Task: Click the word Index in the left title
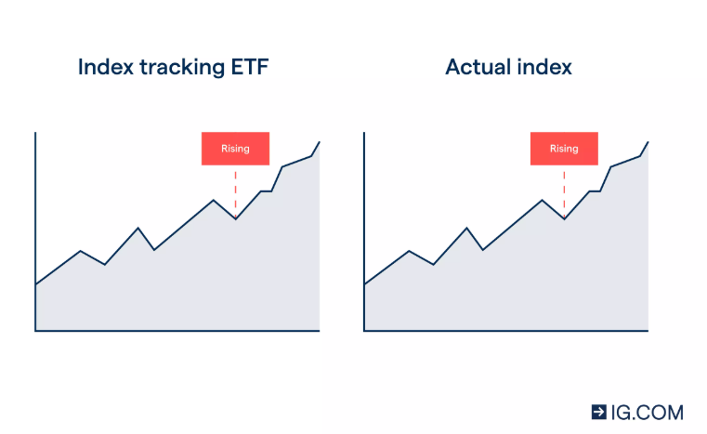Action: coord(104,68)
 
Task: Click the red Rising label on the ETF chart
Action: coord(235,149)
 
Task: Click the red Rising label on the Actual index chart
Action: coord(564,149)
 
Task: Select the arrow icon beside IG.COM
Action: coord(599,412)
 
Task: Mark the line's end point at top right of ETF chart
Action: coord(320,141)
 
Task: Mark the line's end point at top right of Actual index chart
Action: coord(648,141)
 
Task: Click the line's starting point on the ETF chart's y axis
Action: coord(35,284)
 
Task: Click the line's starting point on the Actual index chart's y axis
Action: coord(364,284)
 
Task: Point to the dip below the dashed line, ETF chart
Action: coord(235,218)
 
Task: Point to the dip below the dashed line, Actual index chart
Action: coord(564,218)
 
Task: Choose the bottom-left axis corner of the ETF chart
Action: coord(35,330)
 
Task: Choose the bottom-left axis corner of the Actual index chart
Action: coord(364,330)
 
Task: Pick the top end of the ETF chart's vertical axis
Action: coord(35,133)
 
